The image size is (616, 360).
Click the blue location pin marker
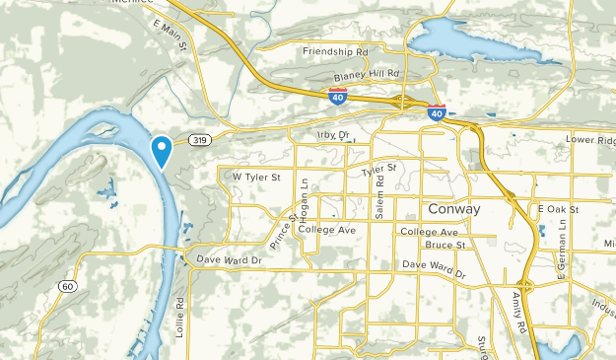pos(162,150)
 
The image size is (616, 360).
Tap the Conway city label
pos(454,209)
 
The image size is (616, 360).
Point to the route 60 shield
pos(66,286)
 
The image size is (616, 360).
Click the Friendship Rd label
pos(334,51)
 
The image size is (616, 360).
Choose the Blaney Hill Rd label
pos(366,74)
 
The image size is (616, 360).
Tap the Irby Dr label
pos(334,134)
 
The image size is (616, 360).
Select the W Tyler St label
pos(256,177)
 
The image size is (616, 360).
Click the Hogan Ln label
pos(306,197)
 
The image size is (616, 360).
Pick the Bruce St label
pos(445,244)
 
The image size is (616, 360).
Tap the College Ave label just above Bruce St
pos(431,231)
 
